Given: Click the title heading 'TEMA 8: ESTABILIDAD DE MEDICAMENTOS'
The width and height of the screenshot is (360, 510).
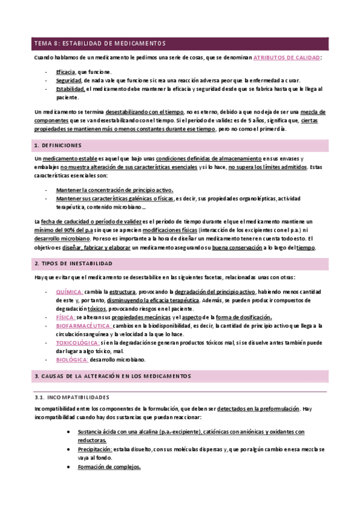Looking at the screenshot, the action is (99, 43).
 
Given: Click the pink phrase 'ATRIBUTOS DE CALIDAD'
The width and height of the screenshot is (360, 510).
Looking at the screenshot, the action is (287, 57).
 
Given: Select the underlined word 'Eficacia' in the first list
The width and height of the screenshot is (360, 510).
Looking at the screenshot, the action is (66, 72).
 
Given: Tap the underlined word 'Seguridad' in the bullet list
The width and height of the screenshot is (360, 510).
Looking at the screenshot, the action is (69, 81).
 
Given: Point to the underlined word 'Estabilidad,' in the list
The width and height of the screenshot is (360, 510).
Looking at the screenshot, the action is (71, 89).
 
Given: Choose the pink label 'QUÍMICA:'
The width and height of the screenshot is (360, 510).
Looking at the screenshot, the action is (69, 291).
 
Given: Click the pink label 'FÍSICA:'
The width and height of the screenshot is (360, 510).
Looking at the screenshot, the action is (66, 317).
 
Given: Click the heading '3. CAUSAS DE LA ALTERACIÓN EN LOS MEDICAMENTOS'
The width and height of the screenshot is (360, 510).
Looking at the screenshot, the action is (113, 376).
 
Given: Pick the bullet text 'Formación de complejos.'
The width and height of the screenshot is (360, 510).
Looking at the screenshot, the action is (109, 467).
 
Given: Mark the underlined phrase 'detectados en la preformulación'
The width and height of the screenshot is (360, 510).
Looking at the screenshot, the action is (258, 408).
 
